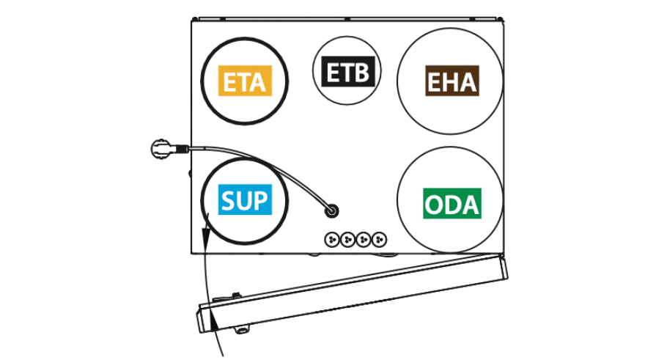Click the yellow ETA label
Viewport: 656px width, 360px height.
click(x=245, y=81)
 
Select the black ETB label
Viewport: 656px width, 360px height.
click(x=348, y=72)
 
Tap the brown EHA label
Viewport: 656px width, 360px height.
click(x=452, y=81)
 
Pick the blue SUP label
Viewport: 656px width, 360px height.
click(x=245, y=199)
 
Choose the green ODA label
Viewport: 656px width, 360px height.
click(x=452, y=204)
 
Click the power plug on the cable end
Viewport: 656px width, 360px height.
click(x=163, y=150)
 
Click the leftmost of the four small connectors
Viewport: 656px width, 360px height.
click(x=333, y=240)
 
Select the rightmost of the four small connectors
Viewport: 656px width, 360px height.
click(x=380, y=240)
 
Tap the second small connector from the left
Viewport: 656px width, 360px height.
click(x=348, y=240)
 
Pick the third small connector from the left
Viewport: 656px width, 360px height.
click(x=364, y=240)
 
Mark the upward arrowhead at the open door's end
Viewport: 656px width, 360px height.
click(x=214, y=323)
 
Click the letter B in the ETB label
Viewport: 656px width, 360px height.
click(x=361, y=72)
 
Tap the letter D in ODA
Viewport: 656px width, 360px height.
click(x=453, y=205)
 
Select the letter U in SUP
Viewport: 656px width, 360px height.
click(x=245, y=200)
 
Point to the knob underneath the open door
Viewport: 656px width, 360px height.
click(x=242, y=330)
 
